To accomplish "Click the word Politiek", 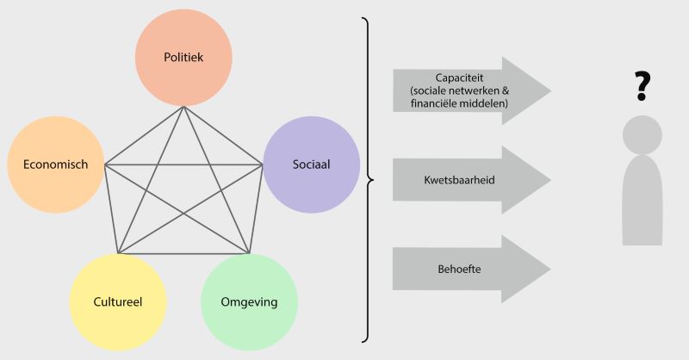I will coord(183,58).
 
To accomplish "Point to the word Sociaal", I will coord(311,164).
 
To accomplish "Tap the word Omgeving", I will coord(249,302).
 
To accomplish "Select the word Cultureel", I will coord(117,302).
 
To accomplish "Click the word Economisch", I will coord(55,164).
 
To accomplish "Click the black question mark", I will coord(641,87).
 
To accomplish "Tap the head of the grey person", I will coord(642,134).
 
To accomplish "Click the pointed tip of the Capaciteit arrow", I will coord(549,90).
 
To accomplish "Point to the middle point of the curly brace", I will coord(372,180).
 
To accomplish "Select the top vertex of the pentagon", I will coord(183,107).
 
